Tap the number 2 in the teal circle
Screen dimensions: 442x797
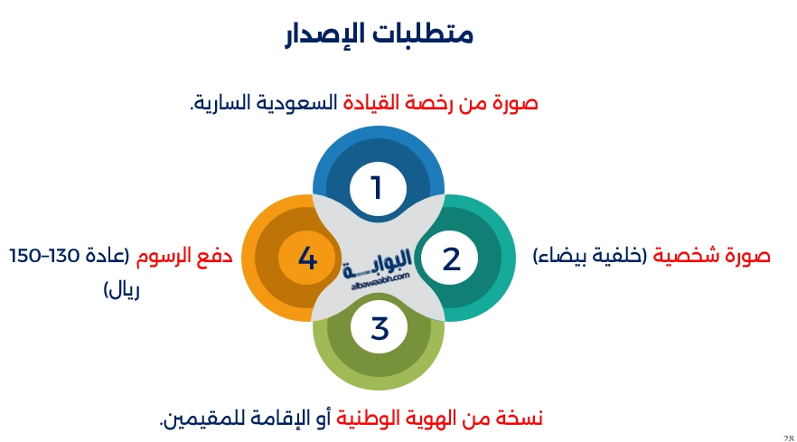[451, 259]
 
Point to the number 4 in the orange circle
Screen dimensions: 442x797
[307, 259]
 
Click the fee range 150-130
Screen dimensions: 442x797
[45, 256]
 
